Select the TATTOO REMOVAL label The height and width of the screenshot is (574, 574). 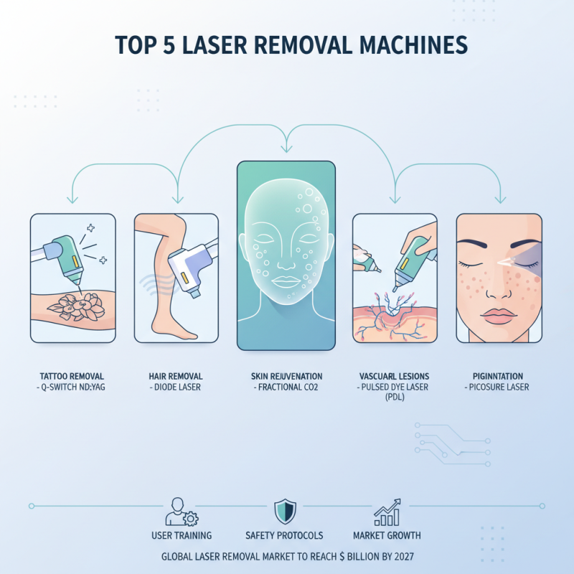pyautogui.click(x=72, y=376)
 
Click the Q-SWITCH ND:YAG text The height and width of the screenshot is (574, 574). pyautogui.click(x=72, y=388)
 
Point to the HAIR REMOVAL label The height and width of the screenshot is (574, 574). pyautogui.click(x=176, y=376)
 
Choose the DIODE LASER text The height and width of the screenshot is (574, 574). pyautogui.click(x=176, y=388)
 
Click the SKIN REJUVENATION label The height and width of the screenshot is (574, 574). pyautogui.click(x=286, y=376)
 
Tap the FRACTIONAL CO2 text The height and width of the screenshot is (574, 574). pyautogui.click(x=286, y=388)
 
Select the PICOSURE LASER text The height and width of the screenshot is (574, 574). pyautogui.click(x=499, y=388)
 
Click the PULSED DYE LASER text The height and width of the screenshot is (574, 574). pyautogui.click(x=394, y=388)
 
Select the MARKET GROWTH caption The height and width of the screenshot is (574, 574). pyautogui.click(x=387, y=535)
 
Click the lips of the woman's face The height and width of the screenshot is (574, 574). pyautogui.click(x=494, y=315)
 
